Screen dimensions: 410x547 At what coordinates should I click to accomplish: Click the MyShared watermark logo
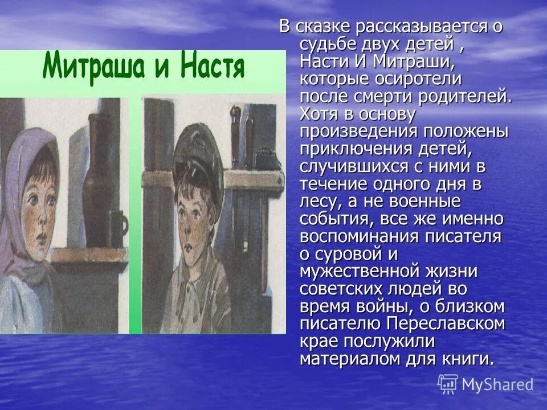tap(486, 384)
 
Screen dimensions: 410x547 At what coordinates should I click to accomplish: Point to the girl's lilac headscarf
tap(23, 171)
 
